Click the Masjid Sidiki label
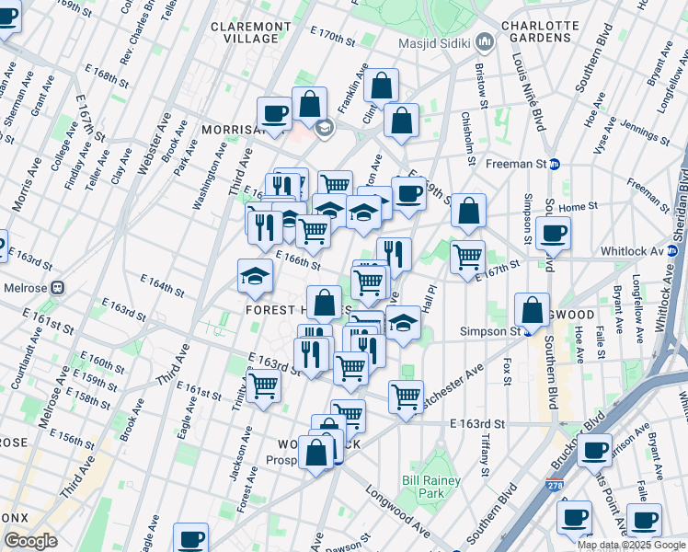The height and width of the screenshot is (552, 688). (x=435, y=43)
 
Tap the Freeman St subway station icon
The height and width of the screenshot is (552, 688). (x=556, y=165)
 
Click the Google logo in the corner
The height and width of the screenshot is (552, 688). (x=30, y=541)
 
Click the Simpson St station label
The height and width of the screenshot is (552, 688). (x=496, y=330)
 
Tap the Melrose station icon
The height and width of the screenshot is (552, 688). (x=57, y=286)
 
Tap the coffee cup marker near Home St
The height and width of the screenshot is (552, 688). (x=553, y=233)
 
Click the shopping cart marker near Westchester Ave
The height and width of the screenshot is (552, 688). (x=406, y=397)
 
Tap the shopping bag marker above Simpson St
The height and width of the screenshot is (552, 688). (x=532, y=310)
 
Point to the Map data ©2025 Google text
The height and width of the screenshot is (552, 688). (x=631, y=545)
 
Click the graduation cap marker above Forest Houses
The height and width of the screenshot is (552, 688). (x=255, y=274)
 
